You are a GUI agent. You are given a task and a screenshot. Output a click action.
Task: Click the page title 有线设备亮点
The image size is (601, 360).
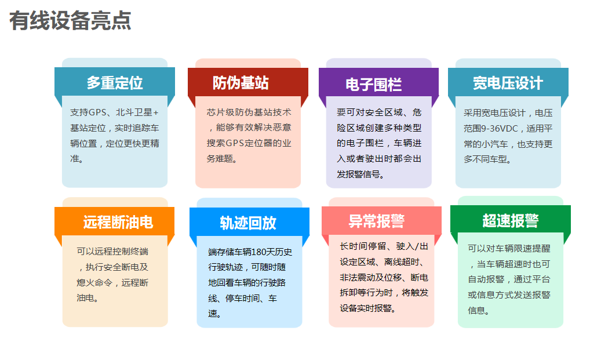point(70,21)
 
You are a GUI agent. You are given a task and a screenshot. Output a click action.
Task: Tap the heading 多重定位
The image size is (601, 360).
point(115,83)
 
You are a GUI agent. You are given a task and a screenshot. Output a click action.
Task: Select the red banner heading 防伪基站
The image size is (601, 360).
point(241,83)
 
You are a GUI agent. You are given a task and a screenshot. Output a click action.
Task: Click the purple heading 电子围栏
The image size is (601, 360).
point(373,84)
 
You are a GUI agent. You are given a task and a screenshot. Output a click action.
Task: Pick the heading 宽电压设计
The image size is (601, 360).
point(508,83)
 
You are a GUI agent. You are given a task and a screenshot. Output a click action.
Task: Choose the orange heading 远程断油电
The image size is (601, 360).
point(118,223)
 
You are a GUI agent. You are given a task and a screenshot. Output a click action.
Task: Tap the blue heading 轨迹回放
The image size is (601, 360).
point(248,223)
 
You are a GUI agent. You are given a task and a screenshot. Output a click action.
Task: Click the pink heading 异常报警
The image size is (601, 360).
point(377,221)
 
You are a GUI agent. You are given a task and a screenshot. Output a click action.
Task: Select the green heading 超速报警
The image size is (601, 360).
point(511,221)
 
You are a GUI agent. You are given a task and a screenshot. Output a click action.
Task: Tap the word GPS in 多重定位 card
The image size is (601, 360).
point(97,112)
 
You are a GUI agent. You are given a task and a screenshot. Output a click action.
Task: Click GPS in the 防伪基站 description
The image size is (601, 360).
point(235,143)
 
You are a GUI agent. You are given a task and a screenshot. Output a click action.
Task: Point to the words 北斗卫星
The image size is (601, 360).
point(134,112)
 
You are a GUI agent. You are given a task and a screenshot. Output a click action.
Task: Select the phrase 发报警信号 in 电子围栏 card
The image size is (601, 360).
point(356,174)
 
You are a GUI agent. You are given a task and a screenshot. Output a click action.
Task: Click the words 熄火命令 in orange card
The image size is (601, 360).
point(94,282)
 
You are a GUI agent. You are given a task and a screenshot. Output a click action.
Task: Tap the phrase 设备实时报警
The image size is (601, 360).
point(366,308)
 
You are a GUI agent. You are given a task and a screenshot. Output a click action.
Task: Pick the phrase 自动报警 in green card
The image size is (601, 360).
point(486,279)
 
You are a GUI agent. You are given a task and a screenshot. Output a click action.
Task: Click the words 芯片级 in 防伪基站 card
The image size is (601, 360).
point(220,112)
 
